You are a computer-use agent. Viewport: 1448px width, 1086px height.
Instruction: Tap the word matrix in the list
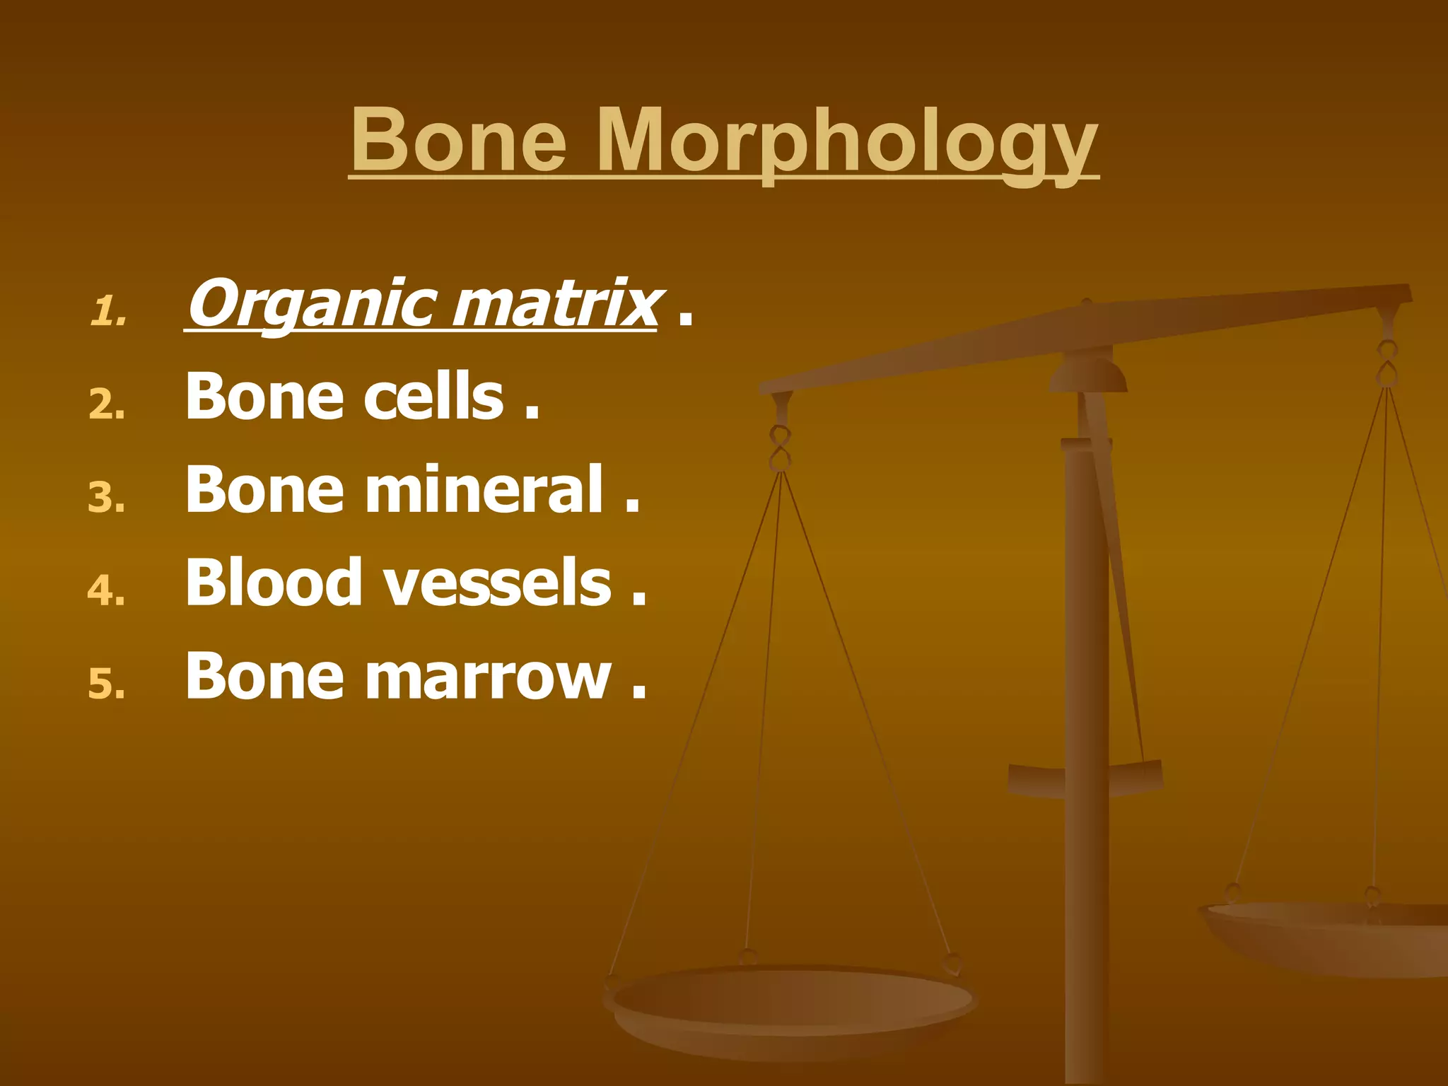point(554,305)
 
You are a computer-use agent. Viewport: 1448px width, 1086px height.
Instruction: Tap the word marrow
point(488,677)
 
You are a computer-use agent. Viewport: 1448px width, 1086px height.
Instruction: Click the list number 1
point(107,312)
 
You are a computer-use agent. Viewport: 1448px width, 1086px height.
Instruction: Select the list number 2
point(107,406)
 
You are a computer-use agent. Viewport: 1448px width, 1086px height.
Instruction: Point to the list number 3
point(107,498)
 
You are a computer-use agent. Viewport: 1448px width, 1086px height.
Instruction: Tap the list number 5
point(107,684)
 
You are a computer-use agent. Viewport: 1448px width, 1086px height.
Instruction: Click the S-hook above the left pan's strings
point(780,448)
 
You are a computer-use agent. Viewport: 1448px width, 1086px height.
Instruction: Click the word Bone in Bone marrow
point(264,677)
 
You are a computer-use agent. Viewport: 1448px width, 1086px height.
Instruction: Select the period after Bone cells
point(532,413)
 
